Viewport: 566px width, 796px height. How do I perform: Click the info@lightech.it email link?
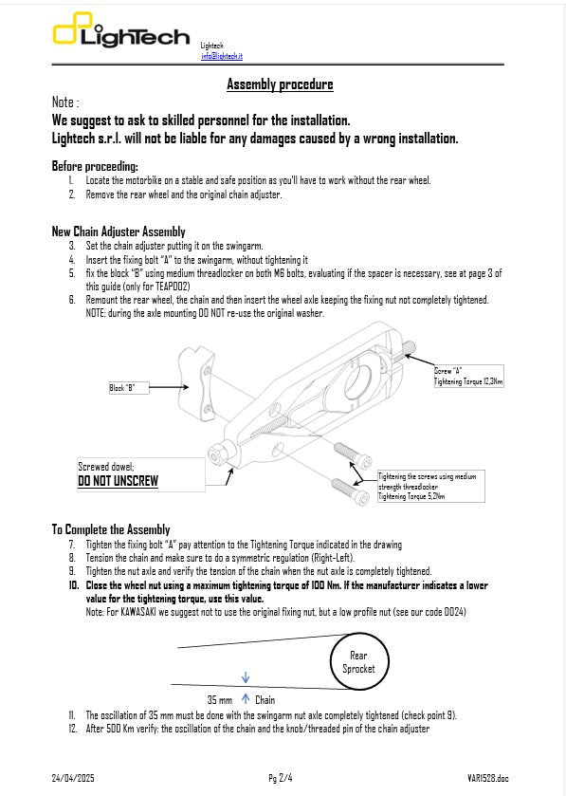pyautogui.click(x=221, y=57)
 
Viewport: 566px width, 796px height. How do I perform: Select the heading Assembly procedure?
pyautogui.click(x=280, y=85)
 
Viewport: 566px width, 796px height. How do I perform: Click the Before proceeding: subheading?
pyautogui.click(x=94, y=166)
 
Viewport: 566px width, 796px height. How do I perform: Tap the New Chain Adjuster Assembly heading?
pyautogui.click(x=119, y=231)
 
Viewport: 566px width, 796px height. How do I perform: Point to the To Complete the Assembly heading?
pyautogui.click(x=111, y=529)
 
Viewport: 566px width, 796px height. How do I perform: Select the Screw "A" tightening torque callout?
pyautogui.click(x=468, y=376)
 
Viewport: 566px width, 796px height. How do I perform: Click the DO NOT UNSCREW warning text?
pyautogui.click(x=118, y=481)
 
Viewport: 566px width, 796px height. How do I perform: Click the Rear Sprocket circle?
pyautogui.click(x=358, y=662)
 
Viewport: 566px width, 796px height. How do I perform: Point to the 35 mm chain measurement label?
pyautogui.click(x=219, y=699)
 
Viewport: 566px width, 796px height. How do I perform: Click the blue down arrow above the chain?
pyautogui.click(x=246, y=677)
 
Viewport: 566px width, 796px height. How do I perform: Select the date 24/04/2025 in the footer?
pyautogui.click(x=73, y=778)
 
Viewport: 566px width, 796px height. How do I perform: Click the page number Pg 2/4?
pyautogui.click(x=280, y=778)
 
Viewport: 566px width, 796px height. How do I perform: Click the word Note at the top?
pyautogui.click(x=64, y=102)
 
